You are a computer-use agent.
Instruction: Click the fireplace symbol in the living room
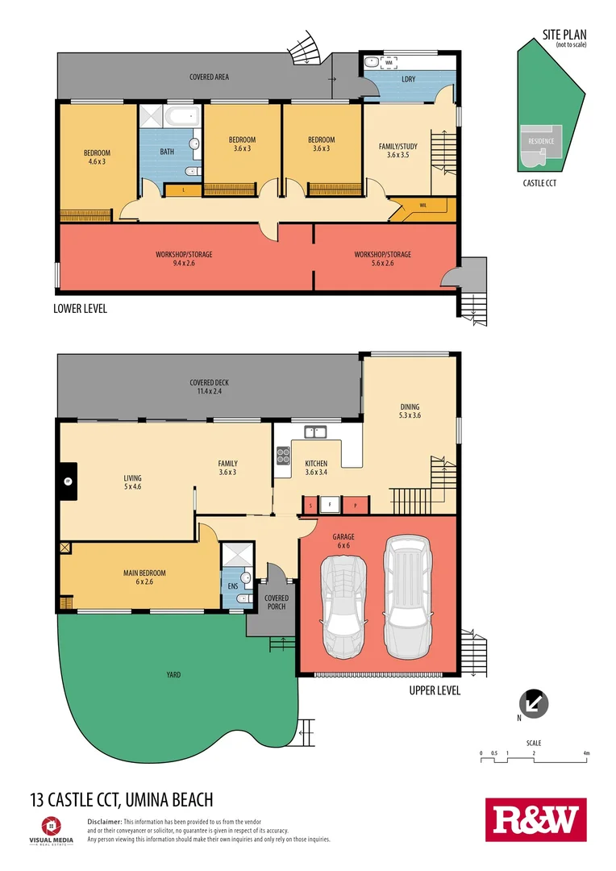69,482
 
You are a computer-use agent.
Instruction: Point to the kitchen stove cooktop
284,456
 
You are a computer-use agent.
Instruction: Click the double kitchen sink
314,432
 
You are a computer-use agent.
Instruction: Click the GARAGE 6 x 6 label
343,541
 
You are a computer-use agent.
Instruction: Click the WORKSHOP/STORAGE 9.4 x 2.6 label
185,259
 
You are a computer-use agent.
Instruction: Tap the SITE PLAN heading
564,35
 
